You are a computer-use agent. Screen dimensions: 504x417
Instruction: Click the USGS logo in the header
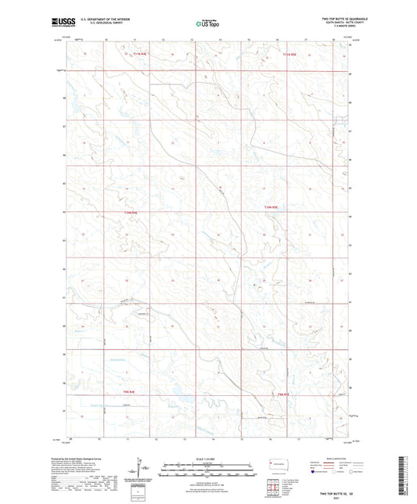click(x=64, y=24)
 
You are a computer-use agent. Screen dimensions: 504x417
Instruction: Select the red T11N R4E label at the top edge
click(x=139, y=54)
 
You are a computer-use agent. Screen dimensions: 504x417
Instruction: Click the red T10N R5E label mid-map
click(x=271, y=207)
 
